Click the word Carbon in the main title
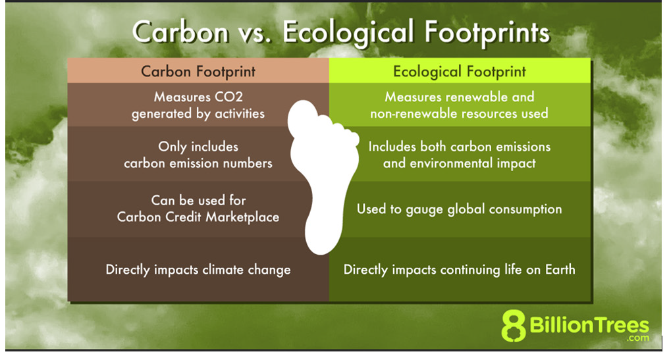[180, 32]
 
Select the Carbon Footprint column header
[198, 71]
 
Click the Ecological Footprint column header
[460, 71]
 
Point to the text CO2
[228, 97]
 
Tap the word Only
[173, 147]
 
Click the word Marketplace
[242, 217]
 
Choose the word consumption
[525, 209]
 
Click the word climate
[223, 270]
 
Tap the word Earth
[560, 269]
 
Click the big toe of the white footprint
[303, 117]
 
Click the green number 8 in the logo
[514, 326]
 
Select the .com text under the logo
[638, 338]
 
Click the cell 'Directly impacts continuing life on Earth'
[460, 269]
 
